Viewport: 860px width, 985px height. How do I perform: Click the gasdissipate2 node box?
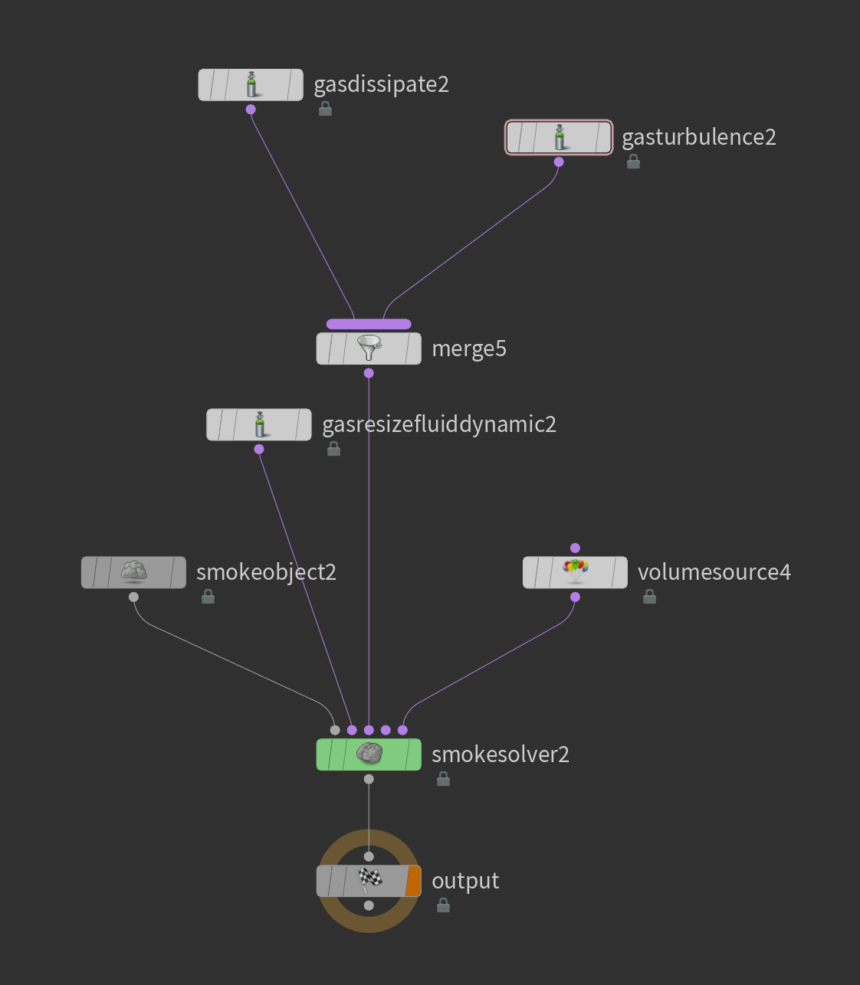pos(251,85)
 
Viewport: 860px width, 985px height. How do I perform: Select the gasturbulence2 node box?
pos(559,138)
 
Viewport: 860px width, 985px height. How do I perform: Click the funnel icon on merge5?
pos(369,349)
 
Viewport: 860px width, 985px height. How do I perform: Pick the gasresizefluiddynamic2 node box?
pos(259,425)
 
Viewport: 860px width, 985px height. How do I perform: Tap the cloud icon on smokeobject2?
pos(134,571)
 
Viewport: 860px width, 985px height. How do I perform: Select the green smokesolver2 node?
pos(369,754)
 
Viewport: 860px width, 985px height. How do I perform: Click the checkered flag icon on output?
pos(369,880)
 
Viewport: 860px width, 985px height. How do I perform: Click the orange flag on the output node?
pos(413,881)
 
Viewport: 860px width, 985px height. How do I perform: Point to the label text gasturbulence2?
pos(699,137)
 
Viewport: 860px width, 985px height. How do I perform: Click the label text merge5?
pos(469,349)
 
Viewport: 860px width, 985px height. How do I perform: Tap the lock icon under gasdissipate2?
pos(325,109)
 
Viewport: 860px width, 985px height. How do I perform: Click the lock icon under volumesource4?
pos(649,597)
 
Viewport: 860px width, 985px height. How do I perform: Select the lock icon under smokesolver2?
pos(443,779)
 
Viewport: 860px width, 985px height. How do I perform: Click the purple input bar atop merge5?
pos(369,324)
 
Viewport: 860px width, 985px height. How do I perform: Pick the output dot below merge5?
pos(369,373)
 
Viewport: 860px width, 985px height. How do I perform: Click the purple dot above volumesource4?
pos(575,548)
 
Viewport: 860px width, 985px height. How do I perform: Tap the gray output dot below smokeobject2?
pos(133,597)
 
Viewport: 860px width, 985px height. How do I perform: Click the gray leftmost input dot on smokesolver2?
pos(335,730)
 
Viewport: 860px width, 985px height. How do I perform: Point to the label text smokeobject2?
pos(266,572)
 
